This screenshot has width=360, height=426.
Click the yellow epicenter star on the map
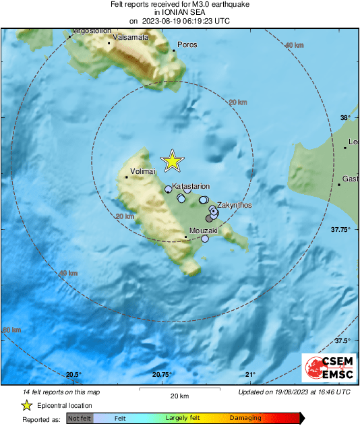tap(173, 160)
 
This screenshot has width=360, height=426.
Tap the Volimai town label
tap(142, 172)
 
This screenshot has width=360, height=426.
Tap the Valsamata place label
tap(131, 37)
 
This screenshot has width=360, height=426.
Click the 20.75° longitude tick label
tap(162, 375)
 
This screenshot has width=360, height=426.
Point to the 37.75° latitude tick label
tap(338, 230)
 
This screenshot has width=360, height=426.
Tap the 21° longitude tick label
tap(250, 375)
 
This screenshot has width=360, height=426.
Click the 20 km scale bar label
tap(179, 395)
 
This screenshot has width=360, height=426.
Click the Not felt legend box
tap(80, 419)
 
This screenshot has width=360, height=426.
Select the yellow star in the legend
tap(27, 405)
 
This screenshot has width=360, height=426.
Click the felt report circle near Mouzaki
tap(205, 239)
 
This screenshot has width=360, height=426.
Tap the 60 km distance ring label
tap(12, 330)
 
